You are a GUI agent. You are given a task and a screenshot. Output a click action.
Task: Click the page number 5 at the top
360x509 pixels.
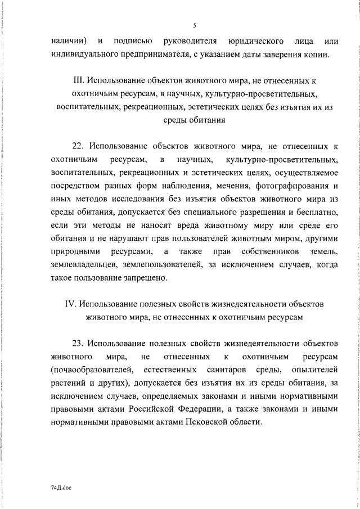194,25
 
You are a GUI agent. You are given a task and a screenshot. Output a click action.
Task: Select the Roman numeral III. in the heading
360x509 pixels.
80,79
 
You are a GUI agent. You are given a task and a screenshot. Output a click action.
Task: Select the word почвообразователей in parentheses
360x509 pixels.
92,370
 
